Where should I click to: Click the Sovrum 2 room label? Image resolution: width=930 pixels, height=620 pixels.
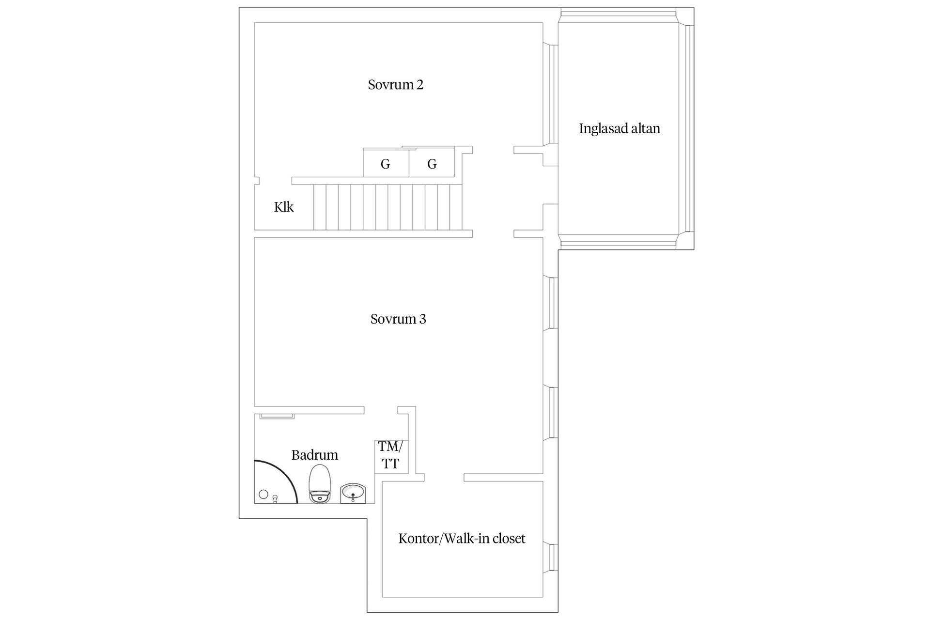click(395, 85)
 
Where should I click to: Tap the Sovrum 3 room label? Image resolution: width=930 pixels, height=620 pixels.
click(398, 319)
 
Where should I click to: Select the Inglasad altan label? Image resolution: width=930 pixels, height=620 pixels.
click(620, 128)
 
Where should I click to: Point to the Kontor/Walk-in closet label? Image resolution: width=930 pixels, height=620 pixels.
click(462, 539)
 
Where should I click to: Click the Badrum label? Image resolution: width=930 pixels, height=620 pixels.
click(315, 455)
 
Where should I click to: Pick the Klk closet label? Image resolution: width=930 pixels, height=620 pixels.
click(284, 207)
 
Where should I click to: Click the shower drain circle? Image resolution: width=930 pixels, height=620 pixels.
click(263, 495)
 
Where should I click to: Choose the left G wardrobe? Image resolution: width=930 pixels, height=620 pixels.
click(386, 162)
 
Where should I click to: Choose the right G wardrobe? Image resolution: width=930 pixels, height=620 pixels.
click(432, 162)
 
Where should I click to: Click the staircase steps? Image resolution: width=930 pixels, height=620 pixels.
click(388, 207)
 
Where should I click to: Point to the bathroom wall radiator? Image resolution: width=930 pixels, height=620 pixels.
click(277, 416)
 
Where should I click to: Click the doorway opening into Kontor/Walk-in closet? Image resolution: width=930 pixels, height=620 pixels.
click(444, 478)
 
